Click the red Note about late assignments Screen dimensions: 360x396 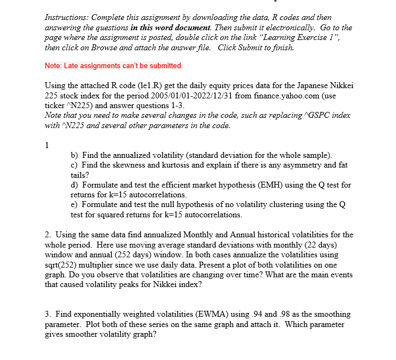(x=114, y=65)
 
